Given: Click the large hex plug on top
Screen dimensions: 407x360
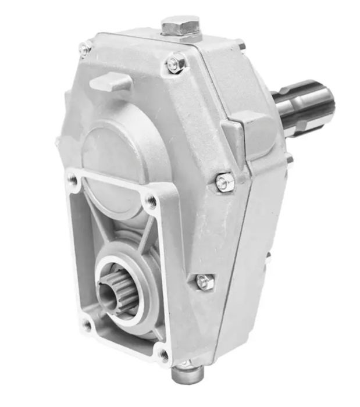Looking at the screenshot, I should (180, 26).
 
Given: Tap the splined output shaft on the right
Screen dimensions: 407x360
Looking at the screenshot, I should (302, 105).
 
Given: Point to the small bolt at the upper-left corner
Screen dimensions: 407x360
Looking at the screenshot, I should (85, 50).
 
